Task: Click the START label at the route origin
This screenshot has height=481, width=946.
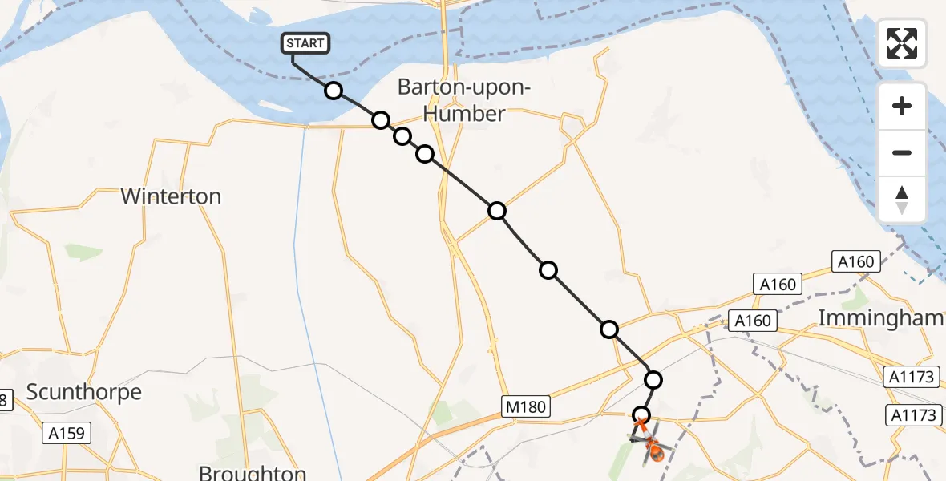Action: (x=305, y=43)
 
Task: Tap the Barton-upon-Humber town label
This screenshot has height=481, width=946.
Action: (x=464, y=101)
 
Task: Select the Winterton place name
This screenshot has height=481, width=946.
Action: (x=171, y=196)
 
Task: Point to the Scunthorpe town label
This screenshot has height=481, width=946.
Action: (x=83, y=392)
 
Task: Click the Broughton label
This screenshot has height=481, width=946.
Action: (x=252, y=472)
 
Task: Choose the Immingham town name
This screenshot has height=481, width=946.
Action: (x=880, y=318)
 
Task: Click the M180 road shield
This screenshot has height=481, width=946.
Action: (x=526, y=407)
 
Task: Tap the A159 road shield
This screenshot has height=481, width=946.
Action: (x=67, y=434)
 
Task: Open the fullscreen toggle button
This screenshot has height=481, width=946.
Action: (x=902, y=43)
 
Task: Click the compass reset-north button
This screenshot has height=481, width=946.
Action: (x=902, y=200)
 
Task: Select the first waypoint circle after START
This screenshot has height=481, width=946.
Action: (x=334, y=91)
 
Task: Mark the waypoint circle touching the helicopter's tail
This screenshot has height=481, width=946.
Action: (x=641, y=415)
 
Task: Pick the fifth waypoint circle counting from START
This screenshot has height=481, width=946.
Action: (x=497, y=211)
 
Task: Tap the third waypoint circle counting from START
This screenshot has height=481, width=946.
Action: (x=402, y=136)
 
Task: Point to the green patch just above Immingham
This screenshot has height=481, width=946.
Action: (x=856, y=297)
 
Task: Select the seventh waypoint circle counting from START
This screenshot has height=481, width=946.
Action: (x=609, y=329)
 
